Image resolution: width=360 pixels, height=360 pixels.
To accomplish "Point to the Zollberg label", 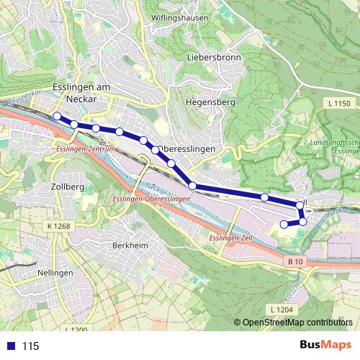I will click(68, 186).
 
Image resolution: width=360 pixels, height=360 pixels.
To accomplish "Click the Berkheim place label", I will click(130, 246).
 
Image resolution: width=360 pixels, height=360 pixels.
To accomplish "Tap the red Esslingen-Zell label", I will click(229, 237).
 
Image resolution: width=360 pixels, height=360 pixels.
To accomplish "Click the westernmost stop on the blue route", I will click(57, 115).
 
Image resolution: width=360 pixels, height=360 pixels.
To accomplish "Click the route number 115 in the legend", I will click(30, 346).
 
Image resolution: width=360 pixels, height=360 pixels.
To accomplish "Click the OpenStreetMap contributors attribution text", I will click(297, 322).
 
